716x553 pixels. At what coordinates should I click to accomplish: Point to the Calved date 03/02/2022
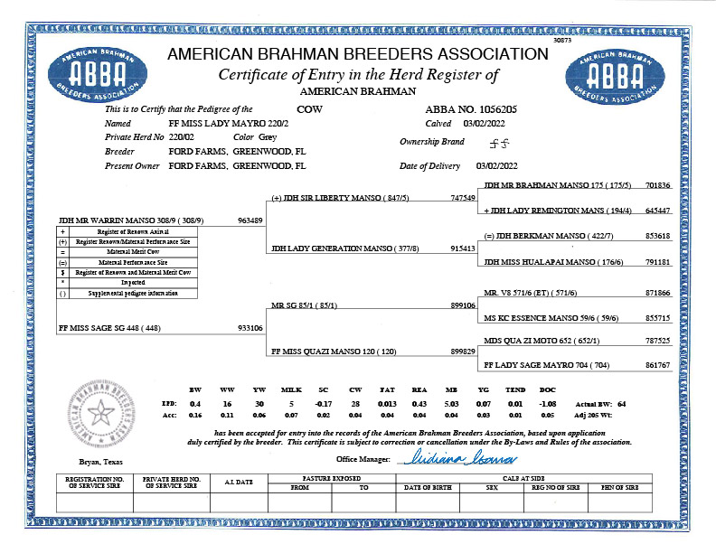pos(486,122)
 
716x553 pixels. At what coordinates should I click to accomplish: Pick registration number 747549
pos(462,197)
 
